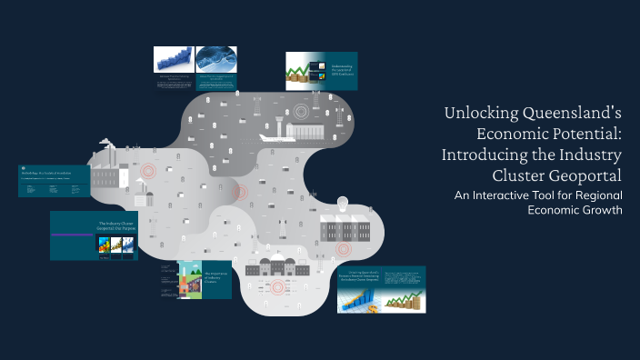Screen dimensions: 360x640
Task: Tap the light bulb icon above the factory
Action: click(343, 203)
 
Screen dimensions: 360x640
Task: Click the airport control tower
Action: click(304, 116)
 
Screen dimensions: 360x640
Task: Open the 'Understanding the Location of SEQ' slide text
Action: click(339, 70)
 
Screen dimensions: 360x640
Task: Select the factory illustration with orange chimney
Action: click(188, 282)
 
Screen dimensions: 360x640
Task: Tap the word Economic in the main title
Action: click(488, 134)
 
